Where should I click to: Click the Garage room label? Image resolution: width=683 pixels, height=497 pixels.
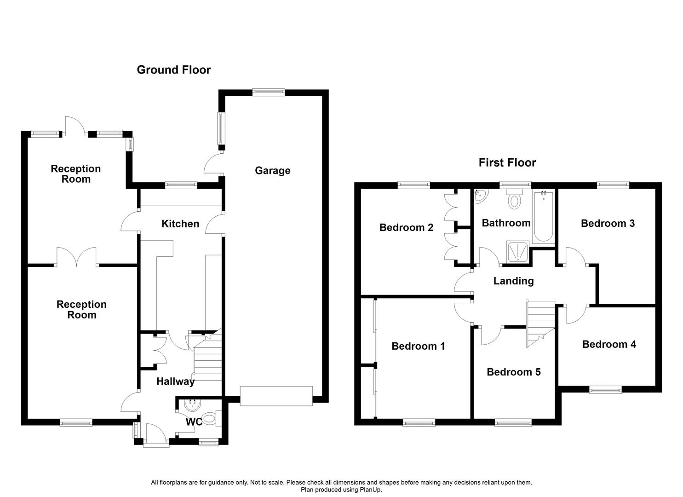tap(272, 171)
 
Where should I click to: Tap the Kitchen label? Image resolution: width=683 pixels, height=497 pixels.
tap(180, 224)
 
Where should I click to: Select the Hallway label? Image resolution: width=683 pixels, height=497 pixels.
tap(175, 381)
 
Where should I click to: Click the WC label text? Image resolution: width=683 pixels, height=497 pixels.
tap(194, 422)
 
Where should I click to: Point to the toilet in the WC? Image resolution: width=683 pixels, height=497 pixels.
tap(209, 419)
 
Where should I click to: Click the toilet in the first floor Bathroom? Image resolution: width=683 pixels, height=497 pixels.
tap(514, 200)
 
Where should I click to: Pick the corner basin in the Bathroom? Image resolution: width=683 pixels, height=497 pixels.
tap(479, 196)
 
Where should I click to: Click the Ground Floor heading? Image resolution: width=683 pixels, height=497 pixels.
tap(173, 70)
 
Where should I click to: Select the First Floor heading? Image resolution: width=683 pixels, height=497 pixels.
tap(507, 162)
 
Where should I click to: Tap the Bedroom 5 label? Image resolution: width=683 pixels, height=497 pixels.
tap(513, 372)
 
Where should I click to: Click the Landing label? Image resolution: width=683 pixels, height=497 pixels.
tap(513, 281)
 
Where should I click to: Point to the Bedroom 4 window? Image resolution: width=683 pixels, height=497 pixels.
tap(605, 390)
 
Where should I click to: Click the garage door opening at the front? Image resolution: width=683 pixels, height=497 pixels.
tap(276, 396)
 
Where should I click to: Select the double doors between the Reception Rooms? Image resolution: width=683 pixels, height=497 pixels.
tap(77, 258)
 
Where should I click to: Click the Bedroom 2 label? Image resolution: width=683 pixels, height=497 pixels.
tap(406, 227)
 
